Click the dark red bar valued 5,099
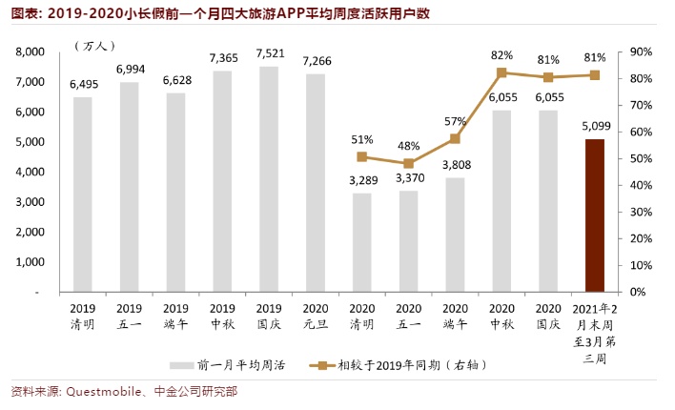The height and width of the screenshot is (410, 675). (595, 215)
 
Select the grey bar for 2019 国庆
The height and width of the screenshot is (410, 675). (269, 178)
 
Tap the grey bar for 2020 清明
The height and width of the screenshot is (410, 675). (361, 242)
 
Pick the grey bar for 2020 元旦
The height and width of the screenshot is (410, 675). (315, 182)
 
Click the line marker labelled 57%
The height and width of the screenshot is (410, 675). (455, 138)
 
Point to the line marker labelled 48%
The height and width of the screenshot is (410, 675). (408, 163)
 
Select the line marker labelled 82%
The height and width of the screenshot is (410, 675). (501, 72)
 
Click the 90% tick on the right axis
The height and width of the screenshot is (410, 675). (641, 51)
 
